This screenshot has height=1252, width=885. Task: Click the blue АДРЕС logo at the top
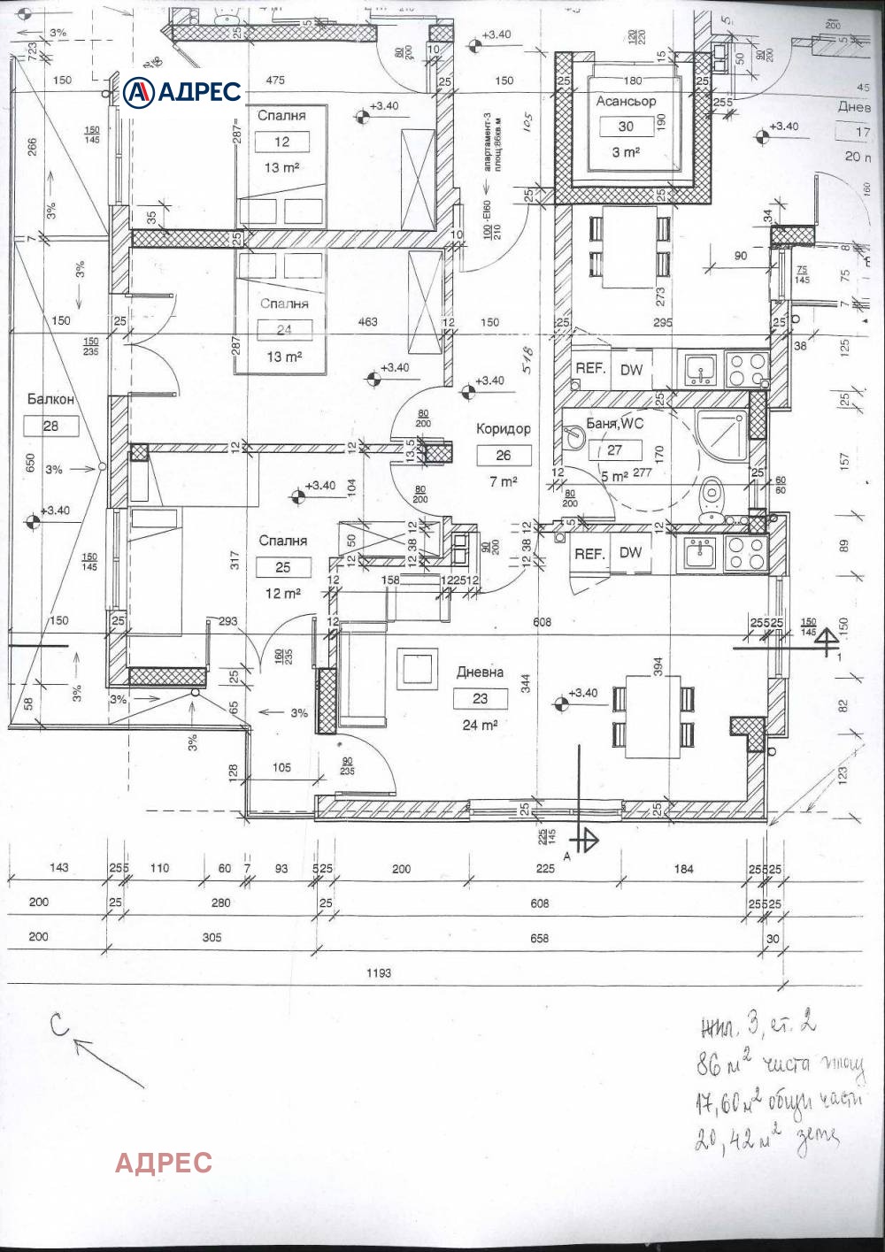pos(181,91)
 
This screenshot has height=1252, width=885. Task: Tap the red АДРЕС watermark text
pos(164,1162)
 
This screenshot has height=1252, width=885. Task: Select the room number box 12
pos(281,142)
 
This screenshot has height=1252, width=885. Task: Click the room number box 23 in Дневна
pos(480,698)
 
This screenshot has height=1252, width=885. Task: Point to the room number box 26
pos(504,456)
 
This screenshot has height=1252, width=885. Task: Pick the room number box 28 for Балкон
pos(50,426)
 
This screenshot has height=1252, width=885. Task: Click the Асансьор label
pos(626,101)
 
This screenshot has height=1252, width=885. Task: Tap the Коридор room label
pos(504,429)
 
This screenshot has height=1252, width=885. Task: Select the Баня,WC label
pos(615,424)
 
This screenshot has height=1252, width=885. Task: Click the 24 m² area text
pos(480,725)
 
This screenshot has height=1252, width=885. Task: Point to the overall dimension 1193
pos(378,972)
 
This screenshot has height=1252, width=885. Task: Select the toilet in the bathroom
pos(711,496)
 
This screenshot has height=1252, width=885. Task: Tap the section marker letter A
pos(566,856)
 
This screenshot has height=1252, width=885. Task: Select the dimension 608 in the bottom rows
pos(539,903)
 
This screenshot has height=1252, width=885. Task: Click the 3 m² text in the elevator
pos(626,152)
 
